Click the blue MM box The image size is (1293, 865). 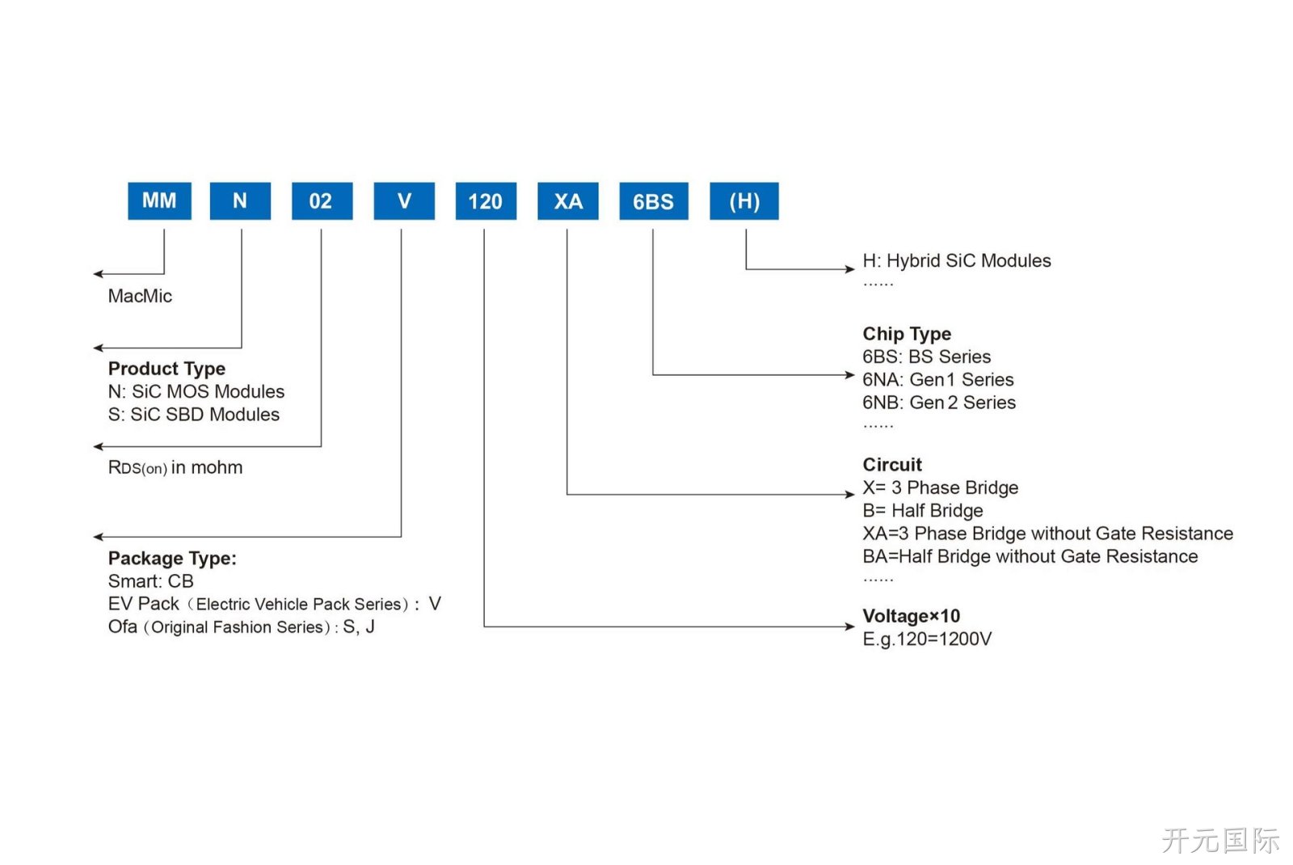159,201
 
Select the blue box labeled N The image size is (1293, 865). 240,201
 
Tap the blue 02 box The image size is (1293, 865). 322,201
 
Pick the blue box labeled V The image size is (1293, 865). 404,201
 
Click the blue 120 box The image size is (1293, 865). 486,201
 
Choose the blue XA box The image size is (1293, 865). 568,201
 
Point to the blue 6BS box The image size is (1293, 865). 654,201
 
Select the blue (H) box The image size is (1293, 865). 744,201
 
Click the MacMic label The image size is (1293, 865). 140,296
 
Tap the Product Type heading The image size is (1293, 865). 166,369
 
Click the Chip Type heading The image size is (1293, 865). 907,334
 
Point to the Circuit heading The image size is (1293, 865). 892,465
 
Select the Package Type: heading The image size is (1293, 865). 172,559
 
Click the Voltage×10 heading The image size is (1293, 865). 912,616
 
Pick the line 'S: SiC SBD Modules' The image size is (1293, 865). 193,415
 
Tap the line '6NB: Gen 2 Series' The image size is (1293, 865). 939,403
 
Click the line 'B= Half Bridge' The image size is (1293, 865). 923,510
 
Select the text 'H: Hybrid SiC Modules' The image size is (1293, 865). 957,261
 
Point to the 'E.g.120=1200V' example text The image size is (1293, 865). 927,639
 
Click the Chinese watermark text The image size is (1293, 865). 1220,840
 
